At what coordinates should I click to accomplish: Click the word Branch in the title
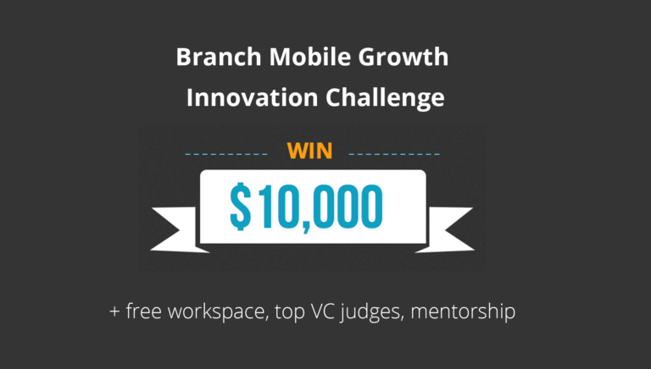[219, 57]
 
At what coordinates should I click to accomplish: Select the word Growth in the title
[403, 58]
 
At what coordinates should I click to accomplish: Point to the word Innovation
[252, 97]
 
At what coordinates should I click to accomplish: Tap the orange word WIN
[309, 151]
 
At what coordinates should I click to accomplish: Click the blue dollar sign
[241, 207]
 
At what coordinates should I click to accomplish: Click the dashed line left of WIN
[226, 154]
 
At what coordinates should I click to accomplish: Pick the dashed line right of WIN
[394, 154]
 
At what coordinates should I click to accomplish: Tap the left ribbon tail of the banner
[180, 229]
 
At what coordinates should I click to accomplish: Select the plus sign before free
[114, 311]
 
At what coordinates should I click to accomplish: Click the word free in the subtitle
[143, 311]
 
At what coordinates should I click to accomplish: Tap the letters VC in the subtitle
[323, 311]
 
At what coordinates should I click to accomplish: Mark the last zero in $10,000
[370, 207]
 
